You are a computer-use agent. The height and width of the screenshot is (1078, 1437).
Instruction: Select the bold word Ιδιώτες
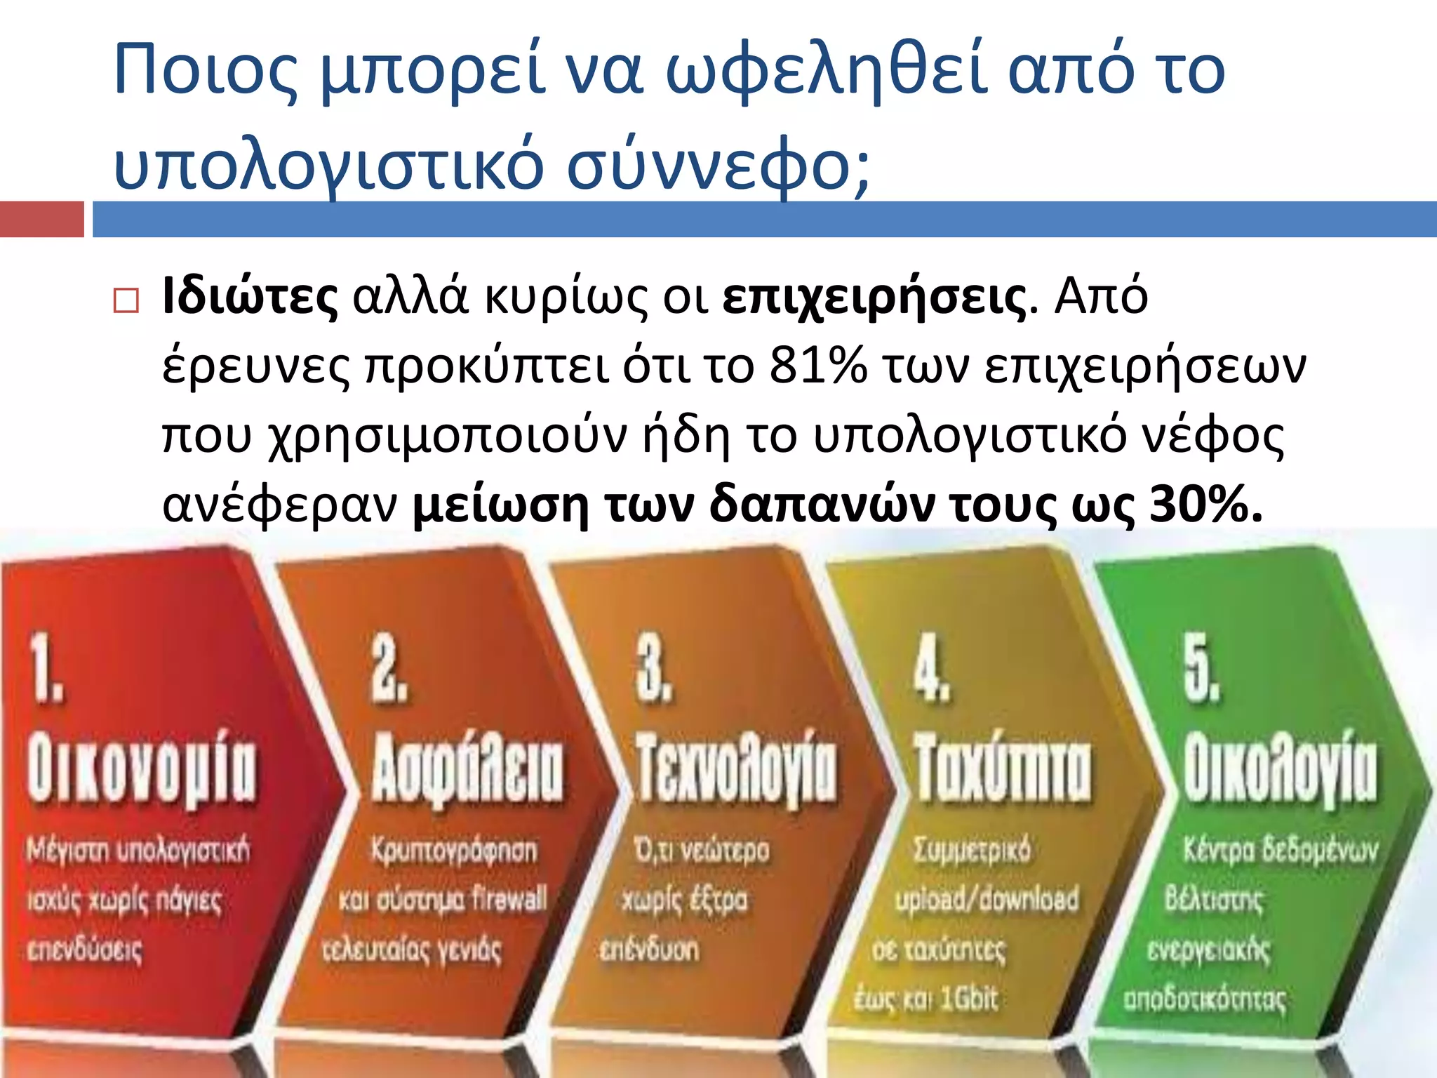click(x=250, y=297)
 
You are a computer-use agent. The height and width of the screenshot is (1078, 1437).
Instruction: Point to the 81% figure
click(x=817, y=366)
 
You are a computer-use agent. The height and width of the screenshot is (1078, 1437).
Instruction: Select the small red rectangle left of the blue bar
click(x=41, y=219)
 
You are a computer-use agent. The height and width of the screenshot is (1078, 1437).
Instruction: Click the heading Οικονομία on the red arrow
click(x=142, y=768)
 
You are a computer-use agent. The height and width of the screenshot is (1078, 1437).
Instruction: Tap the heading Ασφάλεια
click(x=467, y=768)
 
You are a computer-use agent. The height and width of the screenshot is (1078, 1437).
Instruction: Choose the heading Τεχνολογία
click(x=736, y=768)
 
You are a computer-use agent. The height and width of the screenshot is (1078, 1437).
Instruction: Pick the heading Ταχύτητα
click(x=1003, y=768)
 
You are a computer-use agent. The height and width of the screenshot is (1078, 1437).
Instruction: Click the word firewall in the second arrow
click(x=509, y=899)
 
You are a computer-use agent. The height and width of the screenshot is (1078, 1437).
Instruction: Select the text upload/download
click(x=987, y=899)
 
